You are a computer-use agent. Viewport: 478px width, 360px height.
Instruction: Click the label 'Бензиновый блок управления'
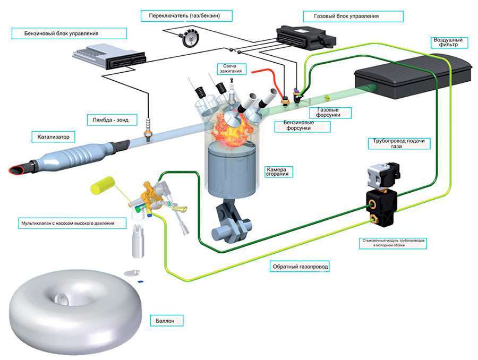[61, 33]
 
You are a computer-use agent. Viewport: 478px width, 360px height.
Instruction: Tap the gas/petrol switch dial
[190, 38]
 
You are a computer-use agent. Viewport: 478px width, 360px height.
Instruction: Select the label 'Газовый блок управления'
[346, 16]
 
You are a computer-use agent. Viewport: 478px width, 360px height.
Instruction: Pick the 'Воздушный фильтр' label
[448, 42]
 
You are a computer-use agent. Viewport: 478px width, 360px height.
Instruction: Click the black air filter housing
[413, 76]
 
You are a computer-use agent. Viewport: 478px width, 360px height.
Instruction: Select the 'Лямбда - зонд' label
[110, 120]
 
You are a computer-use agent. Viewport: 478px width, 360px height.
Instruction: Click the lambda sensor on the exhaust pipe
[149, 128]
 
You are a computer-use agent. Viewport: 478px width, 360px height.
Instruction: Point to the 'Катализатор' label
[53, 137]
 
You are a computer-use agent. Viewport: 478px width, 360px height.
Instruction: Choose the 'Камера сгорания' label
[277, 172]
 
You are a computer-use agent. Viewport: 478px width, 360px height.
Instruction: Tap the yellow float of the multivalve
[102, 185]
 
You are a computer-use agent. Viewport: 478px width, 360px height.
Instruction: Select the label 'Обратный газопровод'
[300, 267]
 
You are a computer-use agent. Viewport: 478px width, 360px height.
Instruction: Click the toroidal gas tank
[75, 312]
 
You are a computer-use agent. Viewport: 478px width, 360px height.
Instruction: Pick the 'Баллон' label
[165, 321]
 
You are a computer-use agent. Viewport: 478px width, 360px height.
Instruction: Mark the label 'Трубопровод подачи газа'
[399, 143]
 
